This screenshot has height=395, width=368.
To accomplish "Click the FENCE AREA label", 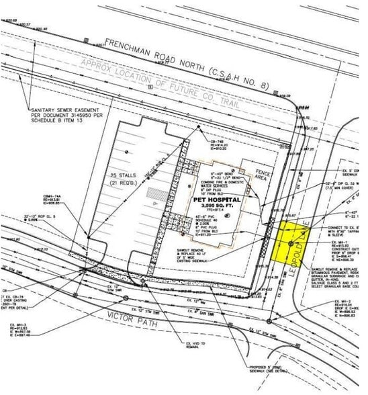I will click(263, 174).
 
